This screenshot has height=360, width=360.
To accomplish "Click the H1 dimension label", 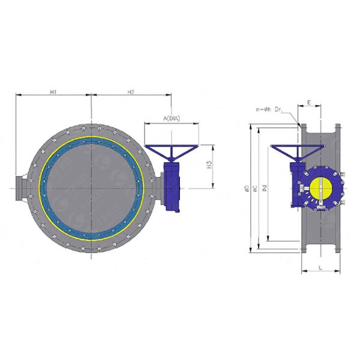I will (53, 91).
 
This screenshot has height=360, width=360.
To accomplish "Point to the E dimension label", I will (308, 103).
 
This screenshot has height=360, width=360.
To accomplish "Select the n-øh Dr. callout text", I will (270, 110).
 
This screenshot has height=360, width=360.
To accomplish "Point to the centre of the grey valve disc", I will (91, 188).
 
